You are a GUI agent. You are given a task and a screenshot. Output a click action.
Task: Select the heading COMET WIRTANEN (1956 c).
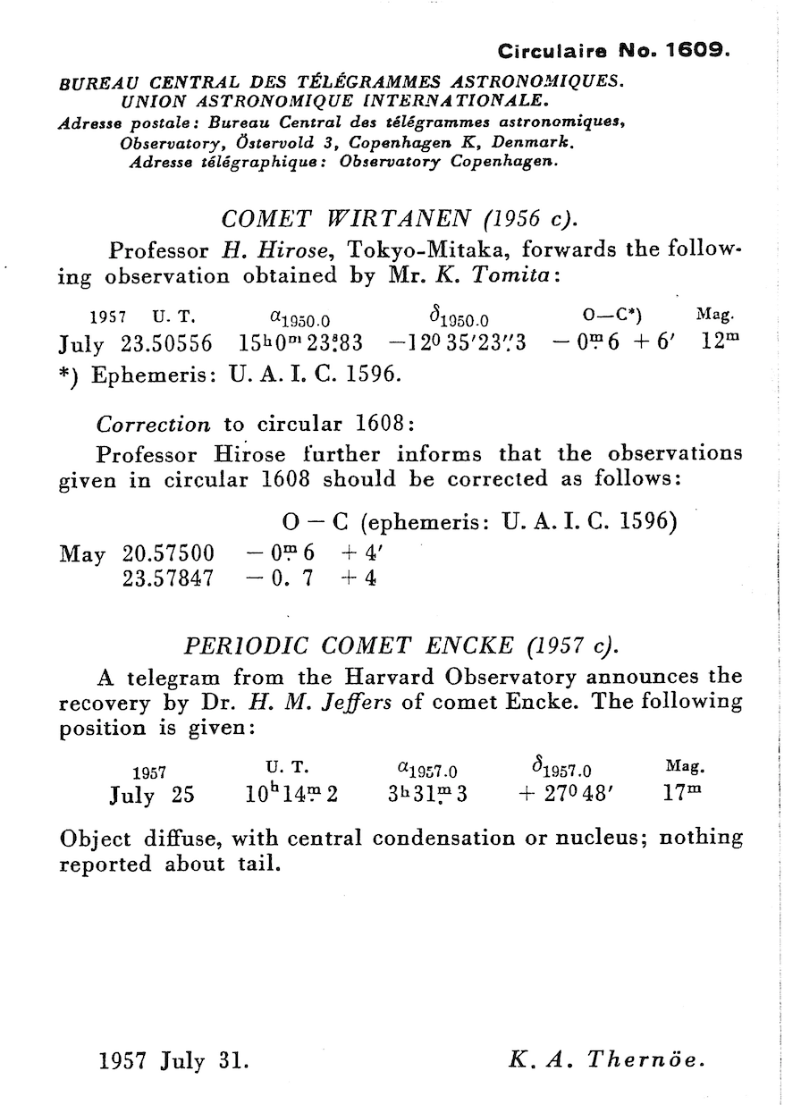[x=400, y=219]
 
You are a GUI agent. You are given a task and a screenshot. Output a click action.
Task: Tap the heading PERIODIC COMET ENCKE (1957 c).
[x=400, y=645]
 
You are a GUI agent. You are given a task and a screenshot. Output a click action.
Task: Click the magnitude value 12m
[x=716, y=343]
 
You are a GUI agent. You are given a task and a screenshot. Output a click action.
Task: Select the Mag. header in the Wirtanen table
[x=714, y=315]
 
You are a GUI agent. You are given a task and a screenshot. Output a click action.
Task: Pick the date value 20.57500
[x=168, y=554]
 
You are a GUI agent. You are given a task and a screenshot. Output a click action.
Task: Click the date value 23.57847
[x=168, y=578]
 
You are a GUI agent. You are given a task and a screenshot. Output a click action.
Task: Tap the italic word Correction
[x=153, y=424]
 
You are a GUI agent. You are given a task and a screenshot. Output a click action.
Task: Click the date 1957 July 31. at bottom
[x=173, y=1061]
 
